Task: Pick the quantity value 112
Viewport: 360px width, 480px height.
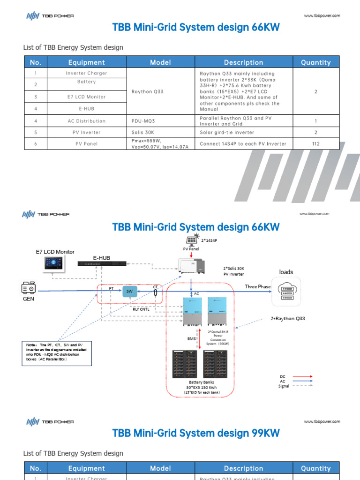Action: coord(315,144)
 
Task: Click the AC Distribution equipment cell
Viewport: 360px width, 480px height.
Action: coord(87,121)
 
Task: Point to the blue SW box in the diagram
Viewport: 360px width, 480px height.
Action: coord(129,291)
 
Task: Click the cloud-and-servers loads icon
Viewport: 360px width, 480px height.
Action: coord(286,291)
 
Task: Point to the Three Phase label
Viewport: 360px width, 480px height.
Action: coord(258,286)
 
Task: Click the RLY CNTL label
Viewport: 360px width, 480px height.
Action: coord(141,309)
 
